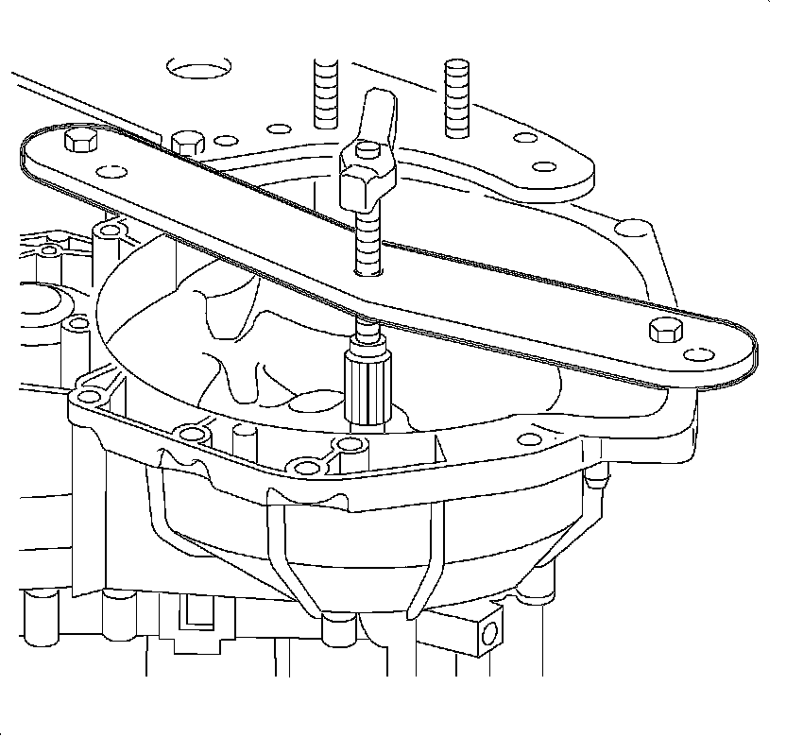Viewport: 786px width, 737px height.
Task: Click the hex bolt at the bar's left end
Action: [x=78, y=143]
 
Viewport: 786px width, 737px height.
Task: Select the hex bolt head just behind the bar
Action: [x=187, y=145]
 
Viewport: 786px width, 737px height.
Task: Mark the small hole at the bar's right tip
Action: [x=700, y=355]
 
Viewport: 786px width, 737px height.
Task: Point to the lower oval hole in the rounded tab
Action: [x=544, y=167]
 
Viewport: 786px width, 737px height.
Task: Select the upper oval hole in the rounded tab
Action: [x=521, y=138]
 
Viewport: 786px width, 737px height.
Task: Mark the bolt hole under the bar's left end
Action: [x=111, y=230]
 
